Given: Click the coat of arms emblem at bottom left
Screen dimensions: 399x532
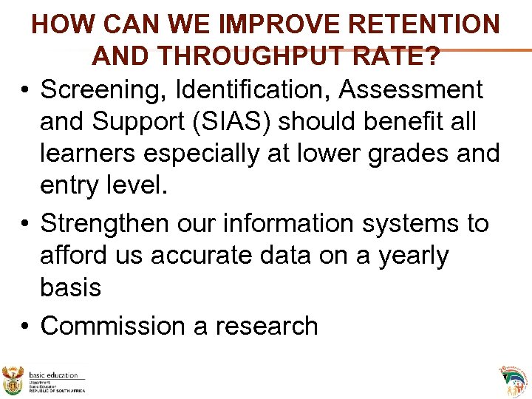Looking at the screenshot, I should (x=13, y=381).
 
